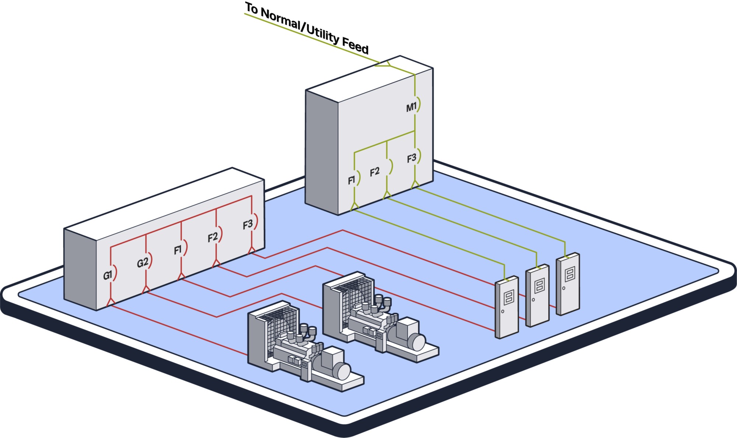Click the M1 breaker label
[411, 107]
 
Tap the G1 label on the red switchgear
[107, 275]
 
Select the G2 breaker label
[143, 262]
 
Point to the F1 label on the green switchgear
[352, 180]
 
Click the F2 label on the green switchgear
[374, 172]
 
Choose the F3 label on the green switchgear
[412, 158]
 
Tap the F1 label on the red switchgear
[178, 250]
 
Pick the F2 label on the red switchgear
[213, 237]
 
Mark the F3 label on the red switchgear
[248, 225]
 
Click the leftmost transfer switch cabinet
[507, 307]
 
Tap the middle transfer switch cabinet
[537, 296]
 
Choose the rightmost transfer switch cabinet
[568, 284]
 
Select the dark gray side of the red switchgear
[80, 269]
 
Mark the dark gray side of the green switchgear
[322, 152]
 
